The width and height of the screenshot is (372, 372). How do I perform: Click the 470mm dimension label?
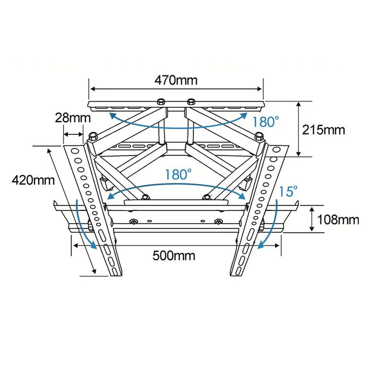(176, 80)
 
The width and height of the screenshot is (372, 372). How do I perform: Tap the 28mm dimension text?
(73, 118)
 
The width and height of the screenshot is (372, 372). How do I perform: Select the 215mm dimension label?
(323, 130)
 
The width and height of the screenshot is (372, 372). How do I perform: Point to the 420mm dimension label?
(33, 180)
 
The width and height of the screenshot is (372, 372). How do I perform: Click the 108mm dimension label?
(338, 220)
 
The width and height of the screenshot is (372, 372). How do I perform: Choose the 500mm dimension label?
(174, 256)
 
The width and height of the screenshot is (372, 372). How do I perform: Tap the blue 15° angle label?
(288, 191)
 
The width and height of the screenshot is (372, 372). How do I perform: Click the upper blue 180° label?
(266, 122)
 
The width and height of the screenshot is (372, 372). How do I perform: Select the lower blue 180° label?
(177, 174)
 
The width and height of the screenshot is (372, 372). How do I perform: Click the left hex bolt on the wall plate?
(160, 102)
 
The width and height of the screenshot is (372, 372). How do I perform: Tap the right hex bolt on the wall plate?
(191, 102)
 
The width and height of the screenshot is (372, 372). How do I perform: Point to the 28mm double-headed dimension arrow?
(73, 134)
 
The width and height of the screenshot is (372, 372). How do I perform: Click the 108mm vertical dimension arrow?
(312, 219)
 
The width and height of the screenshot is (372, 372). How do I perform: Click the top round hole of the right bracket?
(277, 150)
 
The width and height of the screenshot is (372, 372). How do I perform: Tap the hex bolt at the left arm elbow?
(93, 136)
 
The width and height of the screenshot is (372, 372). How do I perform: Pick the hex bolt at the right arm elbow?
(259, 136)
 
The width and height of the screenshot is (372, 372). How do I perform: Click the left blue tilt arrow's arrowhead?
(94, 246)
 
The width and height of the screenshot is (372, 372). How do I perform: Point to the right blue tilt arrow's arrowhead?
(261, 246)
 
